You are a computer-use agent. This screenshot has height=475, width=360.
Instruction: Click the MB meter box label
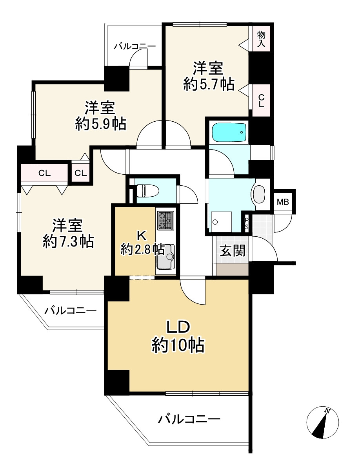(x=283, y=202)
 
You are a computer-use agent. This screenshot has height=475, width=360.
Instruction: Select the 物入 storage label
(x=261, y=40)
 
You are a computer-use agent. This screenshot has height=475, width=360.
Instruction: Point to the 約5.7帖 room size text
(x=209, y=84)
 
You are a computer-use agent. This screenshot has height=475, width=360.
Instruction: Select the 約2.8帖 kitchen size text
(x=142, y=249)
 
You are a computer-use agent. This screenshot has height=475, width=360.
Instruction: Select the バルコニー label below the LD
(x=189, y=419)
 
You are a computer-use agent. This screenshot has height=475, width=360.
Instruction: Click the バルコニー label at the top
(x=135, y=47)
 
